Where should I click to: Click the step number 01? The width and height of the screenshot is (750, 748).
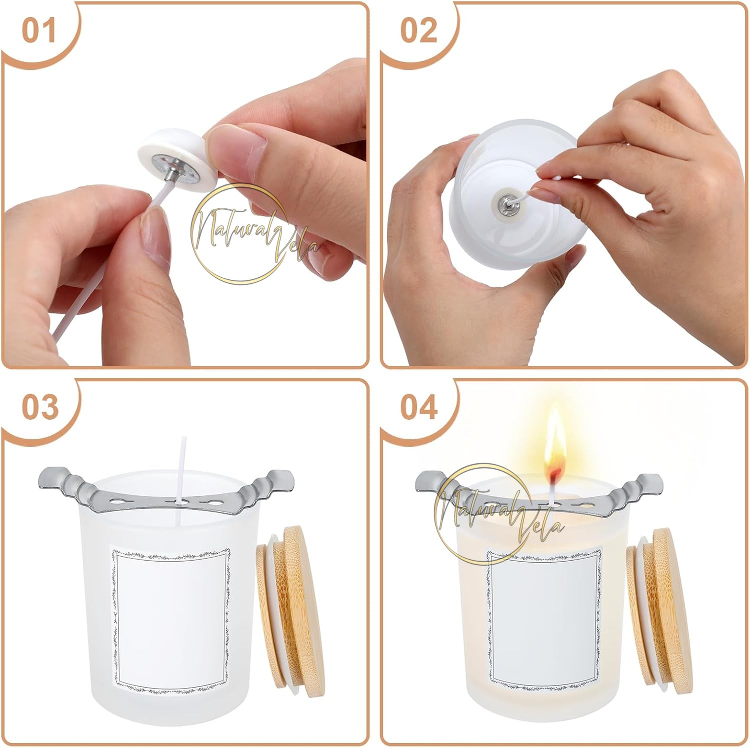(39, 31)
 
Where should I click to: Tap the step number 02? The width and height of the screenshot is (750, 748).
(419, 31)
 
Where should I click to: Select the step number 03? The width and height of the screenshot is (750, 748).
(40, 408)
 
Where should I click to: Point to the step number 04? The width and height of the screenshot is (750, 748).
(419, 408)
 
